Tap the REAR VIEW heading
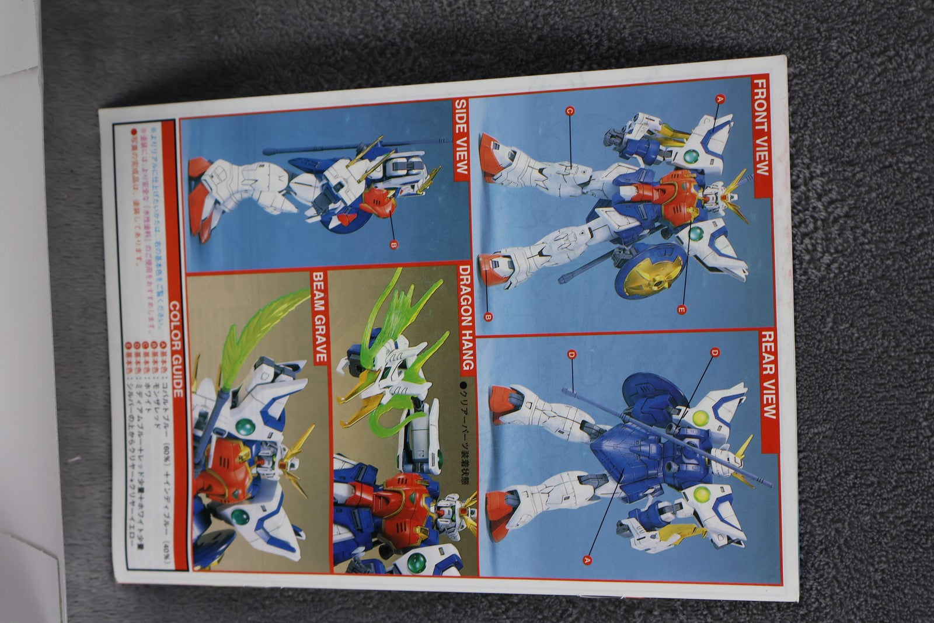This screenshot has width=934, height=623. [x=766, y=375]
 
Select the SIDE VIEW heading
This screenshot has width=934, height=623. [x=461, y=139]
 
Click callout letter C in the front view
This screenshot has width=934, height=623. [x=570, y=110]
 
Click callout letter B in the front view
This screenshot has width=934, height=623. [x=489, y=317]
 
